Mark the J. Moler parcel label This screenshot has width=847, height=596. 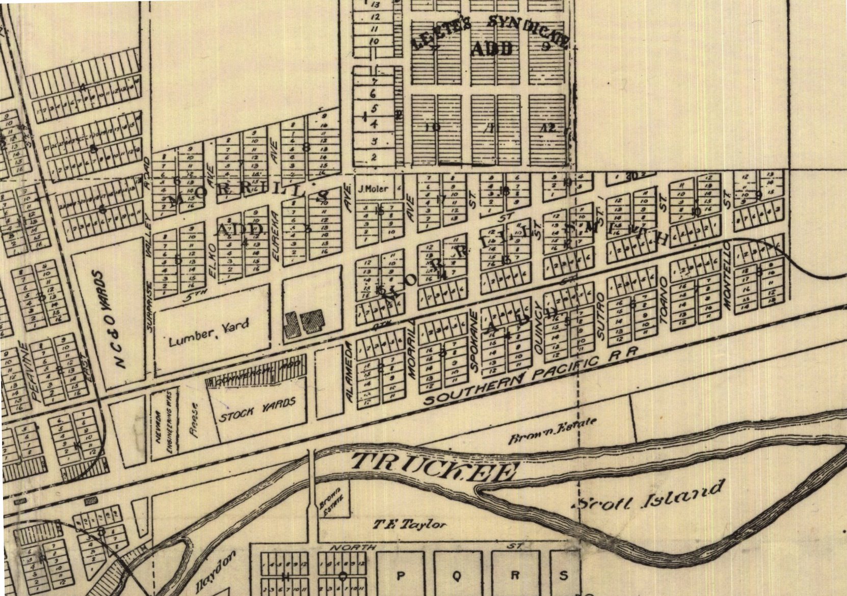tap(373, 189)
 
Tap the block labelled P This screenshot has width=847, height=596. tap(400, 576)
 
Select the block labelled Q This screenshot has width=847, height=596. tap(457, 576)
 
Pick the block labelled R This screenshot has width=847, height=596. tap(515, 576)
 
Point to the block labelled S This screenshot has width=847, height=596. tap(563, 576)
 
